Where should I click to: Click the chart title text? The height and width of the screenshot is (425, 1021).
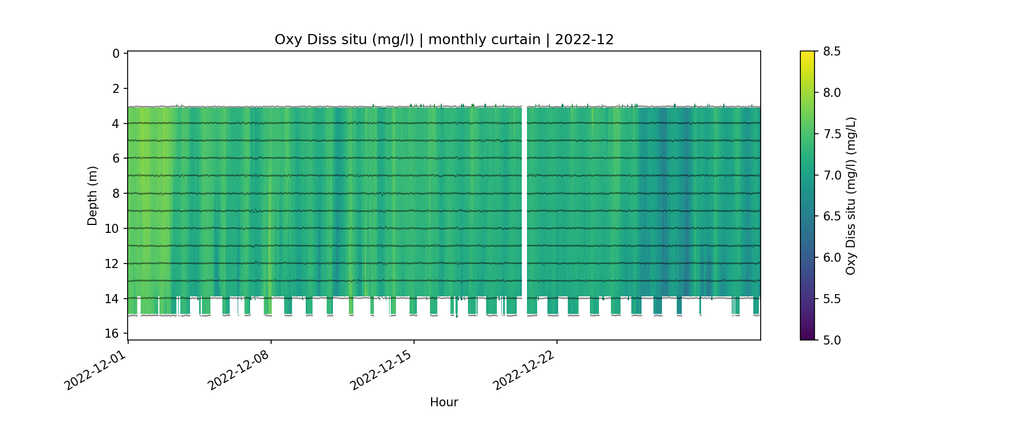click(x=444, y=40)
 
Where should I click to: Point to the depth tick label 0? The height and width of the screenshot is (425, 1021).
click(x=116, y=54)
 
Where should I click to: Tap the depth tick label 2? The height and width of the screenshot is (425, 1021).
click(x=116, y=89)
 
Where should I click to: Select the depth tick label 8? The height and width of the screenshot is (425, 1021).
click(x=116, y=194)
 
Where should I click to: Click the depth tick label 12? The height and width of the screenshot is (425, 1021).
click(x=112, y=264)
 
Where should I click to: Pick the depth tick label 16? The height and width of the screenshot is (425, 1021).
click(x=112, y=334)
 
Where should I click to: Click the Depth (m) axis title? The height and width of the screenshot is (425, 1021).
click(x=92, y=195)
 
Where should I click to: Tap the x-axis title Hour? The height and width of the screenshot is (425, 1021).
click(x=444, y=402)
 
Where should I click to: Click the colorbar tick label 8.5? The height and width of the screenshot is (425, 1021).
click(x=832, y=52)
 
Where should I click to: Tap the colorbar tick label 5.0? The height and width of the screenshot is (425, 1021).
click(x=832, y=340)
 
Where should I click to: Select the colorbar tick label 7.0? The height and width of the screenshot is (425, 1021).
click(x=832, y=175)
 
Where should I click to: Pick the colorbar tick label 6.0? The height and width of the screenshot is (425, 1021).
click(x=832, y=258)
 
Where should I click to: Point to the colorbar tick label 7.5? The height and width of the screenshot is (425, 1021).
click(x=832, y=134)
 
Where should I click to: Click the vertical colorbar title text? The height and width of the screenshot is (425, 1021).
click(x=850, y=195)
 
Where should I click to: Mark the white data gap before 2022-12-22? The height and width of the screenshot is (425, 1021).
click(x=525, y=201)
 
